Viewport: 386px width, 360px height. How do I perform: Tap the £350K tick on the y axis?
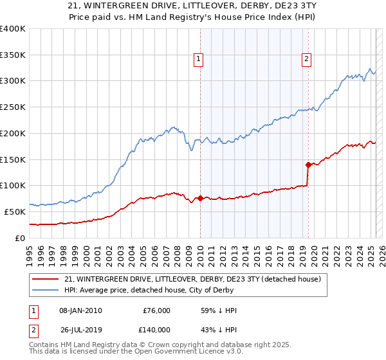click(x=13, y=55)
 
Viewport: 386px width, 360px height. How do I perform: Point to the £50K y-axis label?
click(x=15, y=212)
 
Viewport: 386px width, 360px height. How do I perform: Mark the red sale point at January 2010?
click(x=200, y=198)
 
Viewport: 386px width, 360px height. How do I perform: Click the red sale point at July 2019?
click(x=308, y=165)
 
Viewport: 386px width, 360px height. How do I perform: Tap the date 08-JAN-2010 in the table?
click(x=80, y=310)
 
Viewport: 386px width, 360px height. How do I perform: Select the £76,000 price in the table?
click(x=156, y=310)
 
